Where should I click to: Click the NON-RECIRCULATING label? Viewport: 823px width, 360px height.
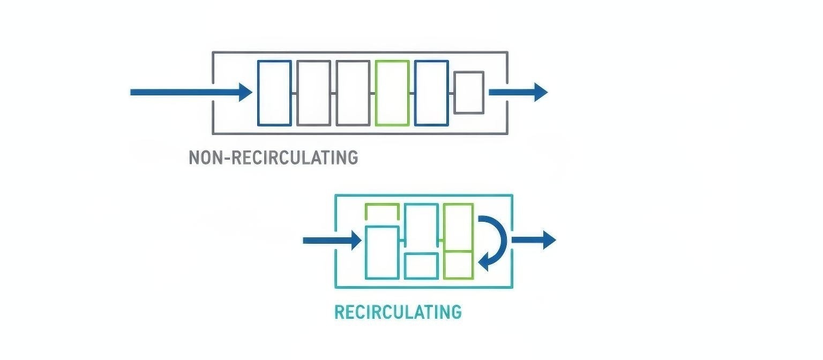click(x=273, y=157)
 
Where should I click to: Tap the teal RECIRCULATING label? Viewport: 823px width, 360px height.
click(x=398, y=312)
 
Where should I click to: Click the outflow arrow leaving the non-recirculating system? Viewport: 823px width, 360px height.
click(x=518, y=92)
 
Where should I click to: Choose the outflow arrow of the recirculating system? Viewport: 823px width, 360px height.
click(x=534, y=239)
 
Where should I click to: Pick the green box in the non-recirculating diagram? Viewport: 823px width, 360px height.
click(x=393, y=93)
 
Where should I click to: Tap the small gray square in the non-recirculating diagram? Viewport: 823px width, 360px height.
click(x=469, y=93)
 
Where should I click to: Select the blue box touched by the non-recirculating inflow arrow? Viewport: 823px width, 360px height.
click(x=274, y=93)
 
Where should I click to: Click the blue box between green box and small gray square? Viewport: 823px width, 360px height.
click(x=431, y=93)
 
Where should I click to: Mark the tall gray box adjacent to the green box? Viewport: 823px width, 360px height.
click(x=353, y=93)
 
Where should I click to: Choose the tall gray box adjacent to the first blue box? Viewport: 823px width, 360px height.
click(x=313, y=93)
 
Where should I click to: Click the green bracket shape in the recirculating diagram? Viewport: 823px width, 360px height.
click(x=381, y=210)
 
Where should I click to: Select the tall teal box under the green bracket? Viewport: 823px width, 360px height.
click(x=381, y=252)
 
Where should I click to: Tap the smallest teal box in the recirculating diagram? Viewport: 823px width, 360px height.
click(x=421, y=266)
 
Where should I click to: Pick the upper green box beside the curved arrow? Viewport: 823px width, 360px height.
click(x=458, y=227)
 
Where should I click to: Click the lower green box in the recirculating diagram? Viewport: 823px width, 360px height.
click(x=458, y=265)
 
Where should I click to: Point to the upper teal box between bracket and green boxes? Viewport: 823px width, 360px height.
click(x=421, y=227)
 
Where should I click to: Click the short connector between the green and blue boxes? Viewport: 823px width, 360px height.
click(x=412, y=93)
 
